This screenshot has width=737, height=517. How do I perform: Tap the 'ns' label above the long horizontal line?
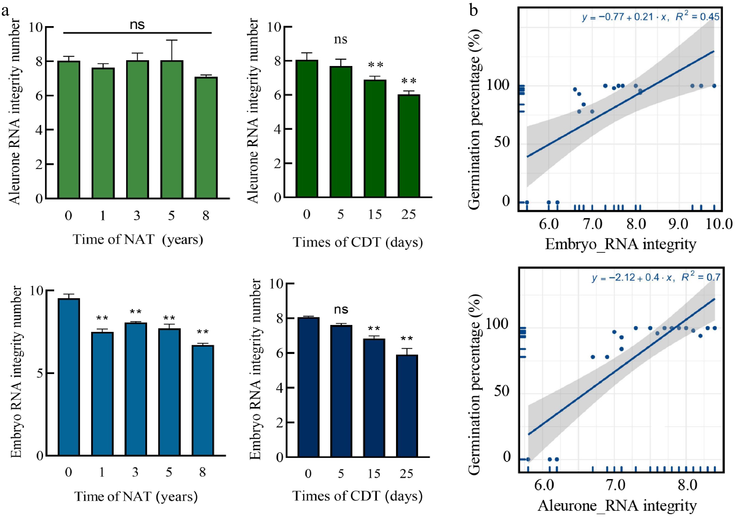click(137, 25)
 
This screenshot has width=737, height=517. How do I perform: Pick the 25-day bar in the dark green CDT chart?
click(409, 146)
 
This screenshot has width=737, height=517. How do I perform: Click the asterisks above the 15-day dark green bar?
click(376, 65)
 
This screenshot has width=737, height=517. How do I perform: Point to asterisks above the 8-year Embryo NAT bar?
click(203, 332)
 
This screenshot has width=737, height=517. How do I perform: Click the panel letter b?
click(473, 11)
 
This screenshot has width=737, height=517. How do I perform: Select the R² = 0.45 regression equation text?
click(651, 17)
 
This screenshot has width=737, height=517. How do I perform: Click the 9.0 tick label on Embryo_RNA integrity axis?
click(678, 224)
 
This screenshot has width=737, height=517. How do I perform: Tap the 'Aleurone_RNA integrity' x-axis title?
click(617, 505)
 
